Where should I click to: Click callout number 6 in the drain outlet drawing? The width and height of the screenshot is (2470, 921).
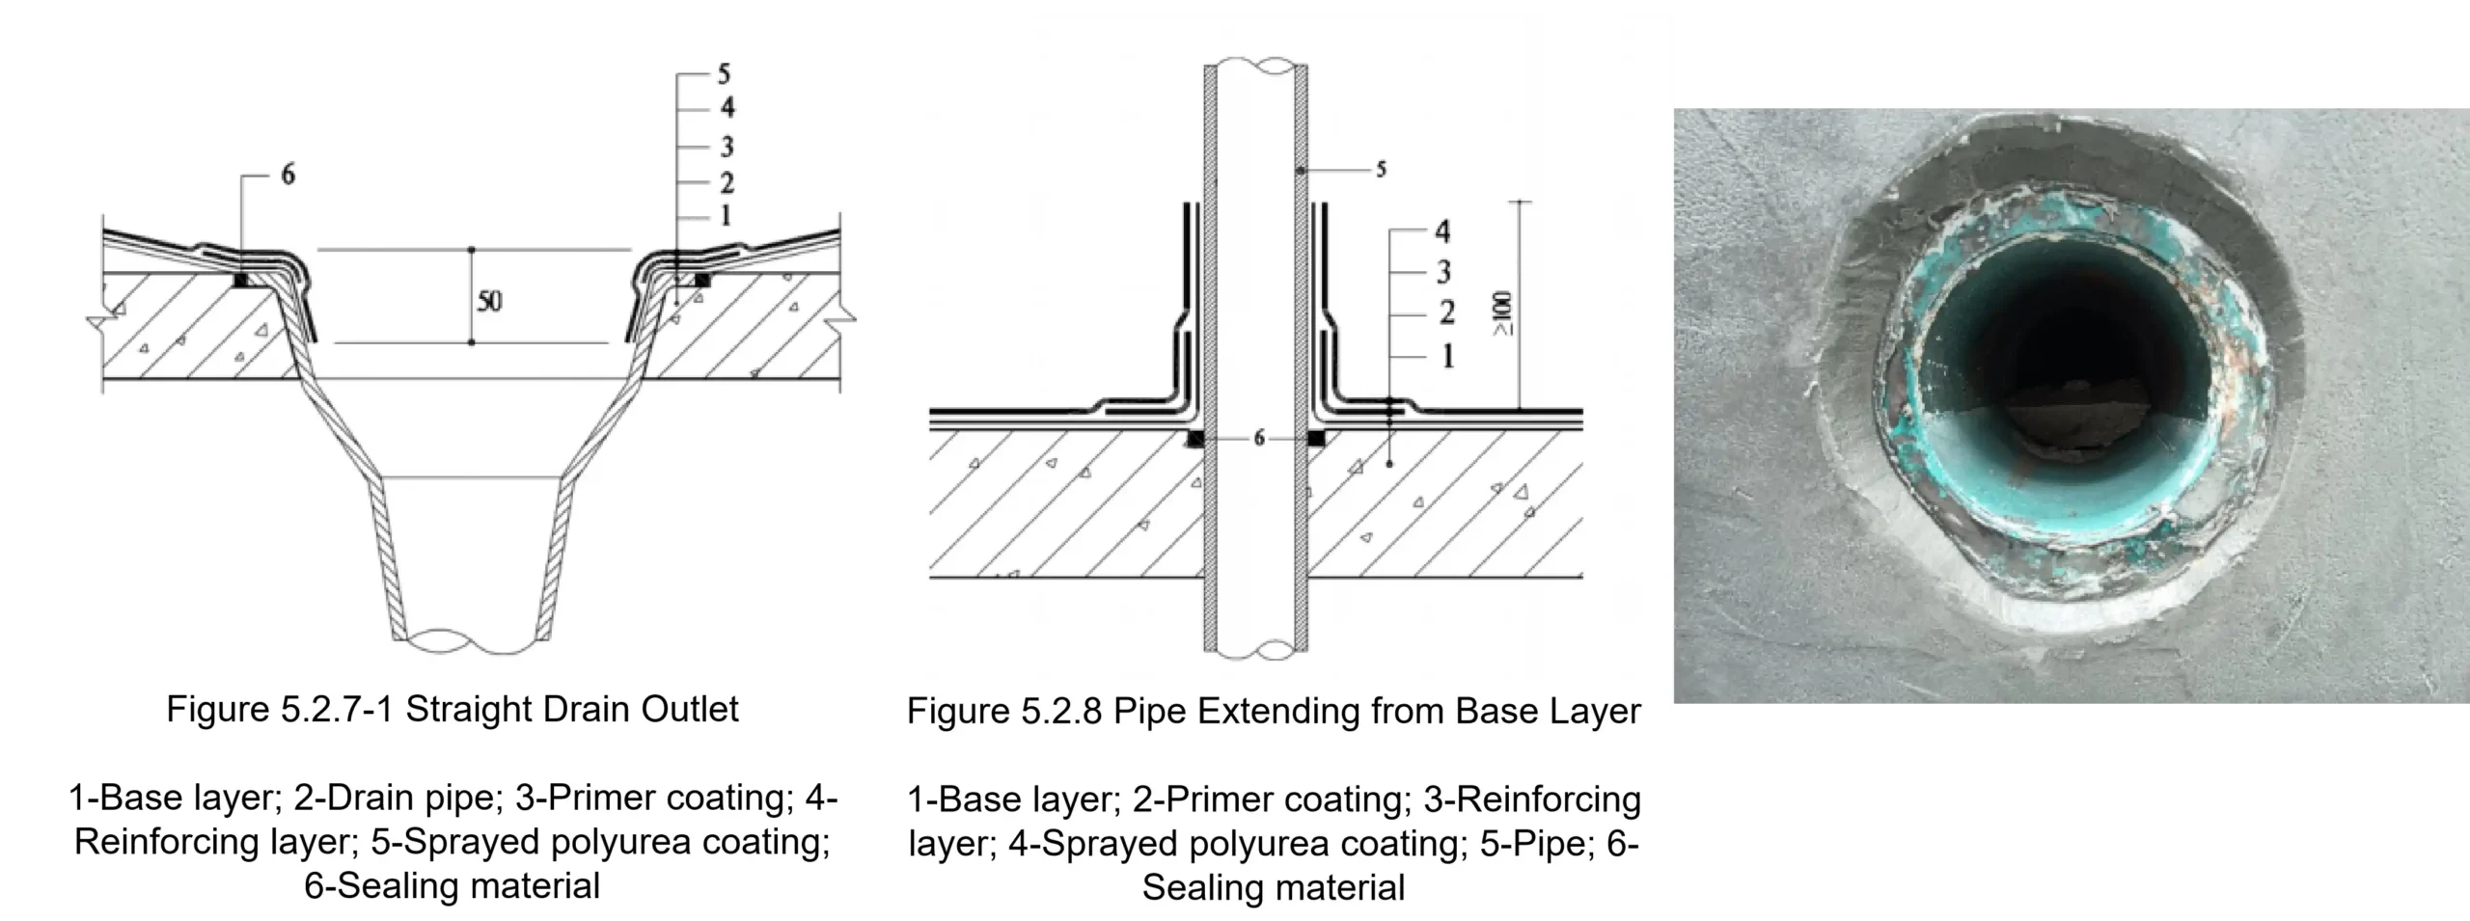(288, 175)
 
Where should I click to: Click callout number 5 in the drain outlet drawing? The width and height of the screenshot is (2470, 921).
(725, 74)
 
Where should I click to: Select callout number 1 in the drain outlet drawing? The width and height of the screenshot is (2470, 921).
(725, 214)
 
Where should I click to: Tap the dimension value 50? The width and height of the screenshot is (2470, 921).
(489, 301)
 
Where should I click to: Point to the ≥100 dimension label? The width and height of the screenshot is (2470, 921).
(1504, 314)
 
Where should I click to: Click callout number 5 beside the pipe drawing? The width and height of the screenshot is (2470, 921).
(1381, 170)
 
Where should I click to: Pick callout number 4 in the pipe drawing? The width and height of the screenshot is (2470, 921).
(1442, 231)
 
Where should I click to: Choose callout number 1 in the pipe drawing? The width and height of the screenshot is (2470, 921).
(1447, 357)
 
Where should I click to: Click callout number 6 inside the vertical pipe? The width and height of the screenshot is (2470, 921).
(1258, 439)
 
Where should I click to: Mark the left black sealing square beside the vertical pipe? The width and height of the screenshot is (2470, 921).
(1195, 440)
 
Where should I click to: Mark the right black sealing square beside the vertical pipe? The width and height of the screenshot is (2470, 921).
(1315, 439)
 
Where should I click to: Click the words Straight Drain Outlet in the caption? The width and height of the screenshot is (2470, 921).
(571, 709)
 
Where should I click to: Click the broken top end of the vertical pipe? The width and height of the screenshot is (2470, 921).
(1256, 68)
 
